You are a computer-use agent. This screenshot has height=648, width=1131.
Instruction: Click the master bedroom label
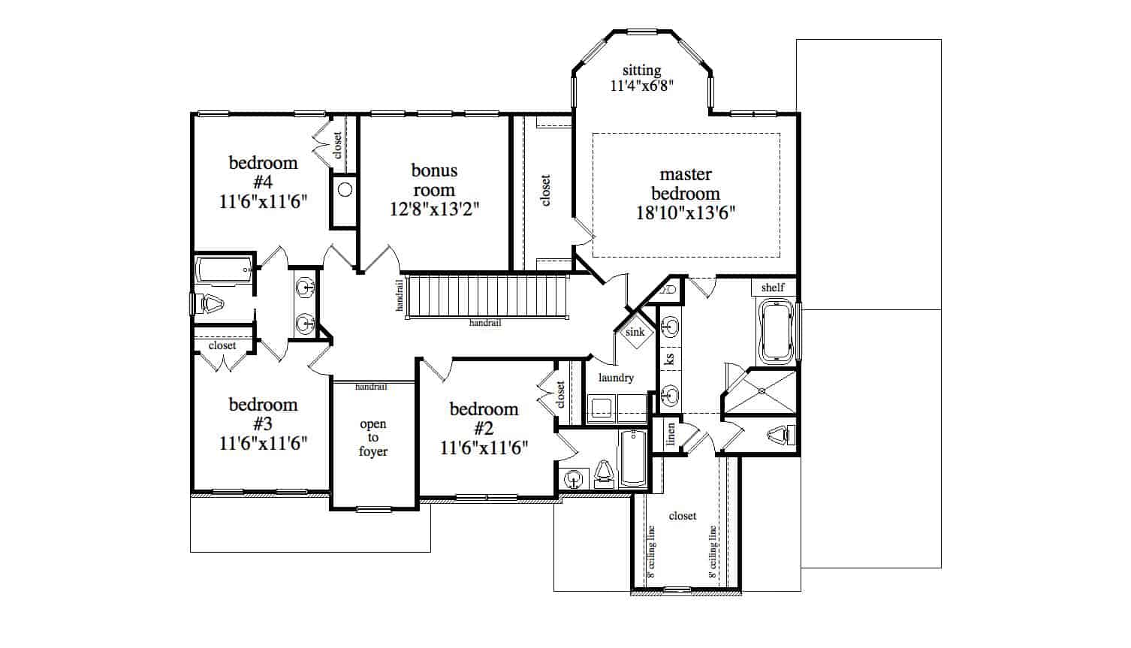(x=686, y=184)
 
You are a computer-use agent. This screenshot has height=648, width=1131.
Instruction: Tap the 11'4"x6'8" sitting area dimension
(x=642, y=86)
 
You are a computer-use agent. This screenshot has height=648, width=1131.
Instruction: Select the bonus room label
(x=434, y=180)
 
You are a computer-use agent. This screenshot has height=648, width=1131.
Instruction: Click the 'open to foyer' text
(x=373, y=438)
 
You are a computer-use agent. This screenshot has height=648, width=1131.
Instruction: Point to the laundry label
(x=616, y=378)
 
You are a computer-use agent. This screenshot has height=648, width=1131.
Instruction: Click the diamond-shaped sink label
(x=635, y=332)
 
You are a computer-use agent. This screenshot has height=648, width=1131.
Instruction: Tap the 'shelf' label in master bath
(x=773, y=287)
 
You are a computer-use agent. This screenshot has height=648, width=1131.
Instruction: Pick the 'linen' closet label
(x=671, y=434)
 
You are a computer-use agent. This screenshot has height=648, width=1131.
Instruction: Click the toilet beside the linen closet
(x=782, y=435)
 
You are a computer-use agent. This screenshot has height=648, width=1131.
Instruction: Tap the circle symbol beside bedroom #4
(x=345, y=190)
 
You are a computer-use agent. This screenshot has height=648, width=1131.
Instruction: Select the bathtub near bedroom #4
(x=225, y=270)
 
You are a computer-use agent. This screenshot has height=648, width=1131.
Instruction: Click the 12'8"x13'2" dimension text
(x=434, y=209)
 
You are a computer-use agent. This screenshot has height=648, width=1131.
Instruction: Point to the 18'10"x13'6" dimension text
(x=686, y=213)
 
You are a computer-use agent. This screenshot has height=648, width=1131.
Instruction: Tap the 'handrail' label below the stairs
(x=485, y=323)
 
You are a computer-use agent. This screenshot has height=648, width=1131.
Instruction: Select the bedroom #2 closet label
(x=560, y=394)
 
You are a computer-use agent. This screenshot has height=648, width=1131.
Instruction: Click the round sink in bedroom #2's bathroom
(x=573, y=478)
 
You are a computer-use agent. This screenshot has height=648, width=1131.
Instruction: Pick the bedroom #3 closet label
(x=222, y=345)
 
